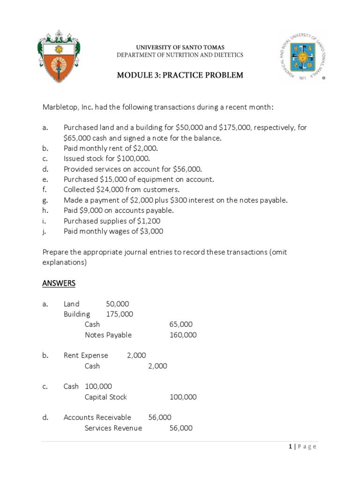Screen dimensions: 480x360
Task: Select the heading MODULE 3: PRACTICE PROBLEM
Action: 180,75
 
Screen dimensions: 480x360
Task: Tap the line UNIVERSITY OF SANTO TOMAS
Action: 180,47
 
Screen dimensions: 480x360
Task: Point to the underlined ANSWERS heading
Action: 59,284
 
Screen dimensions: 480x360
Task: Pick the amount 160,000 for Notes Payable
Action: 183,335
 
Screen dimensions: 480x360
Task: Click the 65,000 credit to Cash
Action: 180,324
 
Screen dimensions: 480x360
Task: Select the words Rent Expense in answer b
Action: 86,356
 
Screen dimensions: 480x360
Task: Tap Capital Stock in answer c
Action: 105,397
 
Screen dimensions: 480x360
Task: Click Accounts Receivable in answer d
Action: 97,418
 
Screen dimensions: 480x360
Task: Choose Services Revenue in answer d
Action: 113,428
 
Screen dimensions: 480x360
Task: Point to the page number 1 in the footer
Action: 291,447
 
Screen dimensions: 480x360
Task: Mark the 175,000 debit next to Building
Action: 120,314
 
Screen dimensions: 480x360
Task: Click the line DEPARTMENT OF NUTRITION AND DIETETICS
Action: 180,55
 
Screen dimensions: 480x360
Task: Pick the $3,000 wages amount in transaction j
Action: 150,231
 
